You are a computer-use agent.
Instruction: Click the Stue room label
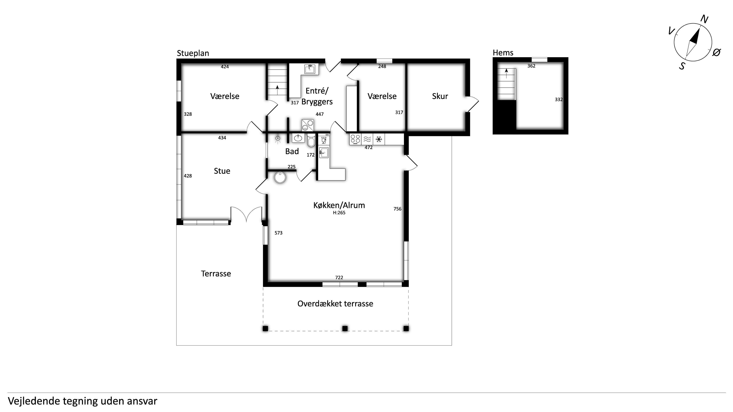click(222, 171)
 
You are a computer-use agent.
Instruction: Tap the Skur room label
click(440, 96)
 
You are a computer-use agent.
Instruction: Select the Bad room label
click(292, 151)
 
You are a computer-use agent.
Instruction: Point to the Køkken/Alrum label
click(339, 205)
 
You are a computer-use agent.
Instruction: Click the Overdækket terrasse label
click(335, 304)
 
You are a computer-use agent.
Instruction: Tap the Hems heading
click(503, 53)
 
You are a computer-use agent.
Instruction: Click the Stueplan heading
click(193, 53)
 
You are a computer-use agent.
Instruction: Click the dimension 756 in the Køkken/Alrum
click(397, 209)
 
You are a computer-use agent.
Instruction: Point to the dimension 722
click(339, 278)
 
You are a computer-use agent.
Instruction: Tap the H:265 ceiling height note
click(339, 213)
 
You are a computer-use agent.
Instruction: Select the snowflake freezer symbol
click(379, 139)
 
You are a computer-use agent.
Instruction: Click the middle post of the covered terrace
click(345, 329)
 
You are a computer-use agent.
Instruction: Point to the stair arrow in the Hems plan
click(506, 74)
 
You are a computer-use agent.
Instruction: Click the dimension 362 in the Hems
click(531, 66)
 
